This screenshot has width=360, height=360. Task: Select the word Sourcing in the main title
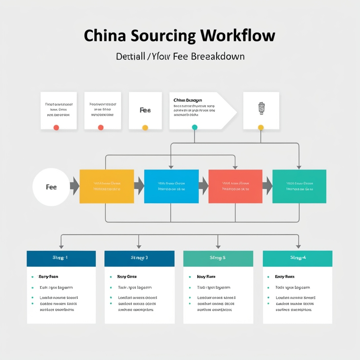[x=162, y=36]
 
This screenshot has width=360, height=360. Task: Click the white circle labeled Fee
[x=51, y=187]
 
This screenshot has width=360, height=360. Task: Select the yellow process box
[x=106, y=186]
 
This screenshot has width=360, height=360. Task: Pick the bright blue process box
[x=171, y=186]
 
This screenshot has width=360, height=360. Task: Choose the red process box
[x=235, y=186]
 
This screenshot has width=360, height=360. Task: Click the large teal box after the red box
[x=299, y=186]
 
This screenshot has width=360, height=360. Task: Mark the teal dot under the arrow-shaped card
[x=195, y=127]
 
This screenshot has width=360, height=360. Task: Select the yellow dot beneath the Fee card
[x=145, y=128]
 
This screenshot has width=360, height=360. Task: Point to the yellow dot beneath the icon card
[x=261, y=128]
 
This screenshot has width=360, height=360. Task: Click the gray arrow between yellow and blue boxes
[x=139, y=186]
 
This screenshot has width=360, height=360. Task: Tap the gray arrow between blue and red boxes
[x=204, y=186]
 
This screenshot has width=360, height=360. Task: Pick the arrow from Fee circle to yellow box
[x=74, y=186]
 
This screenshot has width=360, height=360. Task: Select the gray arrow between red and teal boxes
[x=267, y=186]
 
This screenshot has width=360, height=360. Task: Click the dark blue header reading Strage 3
[x=139, y=258]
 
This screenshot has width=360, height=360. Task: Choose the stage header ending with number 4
[x=297, y=258]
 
